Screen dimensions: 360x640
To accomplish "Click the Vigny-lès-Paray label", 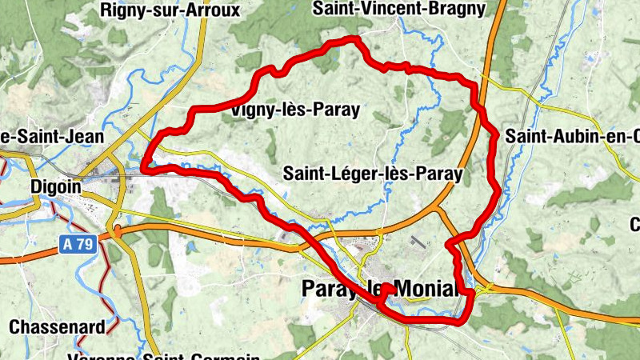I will click(x=294, y=110).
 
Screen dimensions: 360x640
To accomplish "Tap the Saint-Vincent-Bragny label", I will click(x=398, y=9).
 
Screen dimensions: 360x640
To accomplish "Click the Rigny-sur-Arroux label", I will click(x=170, y=10).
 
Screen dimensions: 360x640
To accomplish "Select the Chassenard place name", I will click(x=57, y=326).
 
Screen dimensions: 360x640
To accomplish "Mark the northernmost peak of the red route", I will click(x=353, y=38).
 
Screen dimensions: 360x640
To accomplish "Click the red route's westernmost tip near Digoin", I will click(x=145, y=166).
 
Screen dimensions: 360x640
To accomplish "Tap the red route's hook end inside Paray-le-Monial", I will click(x=387, y=287).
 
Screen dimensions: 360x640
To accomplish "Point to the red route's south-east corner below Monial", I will click(x=462, y=321).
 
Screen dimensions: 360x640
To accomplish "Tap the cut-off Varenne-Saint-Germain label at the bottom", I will click(x=164, y=356).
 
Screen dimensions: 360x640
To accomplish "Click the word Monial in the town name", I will click(x=425, y=290).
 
